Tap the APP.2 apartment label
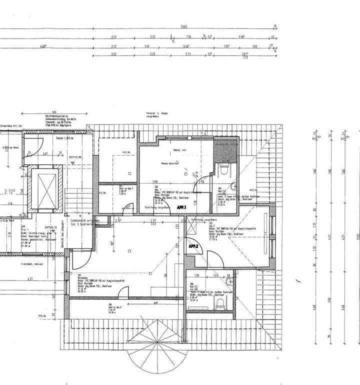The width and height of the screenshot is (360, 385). (193, 246)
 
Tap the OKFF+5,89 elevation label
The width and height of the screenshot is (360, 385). (75, 157)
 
